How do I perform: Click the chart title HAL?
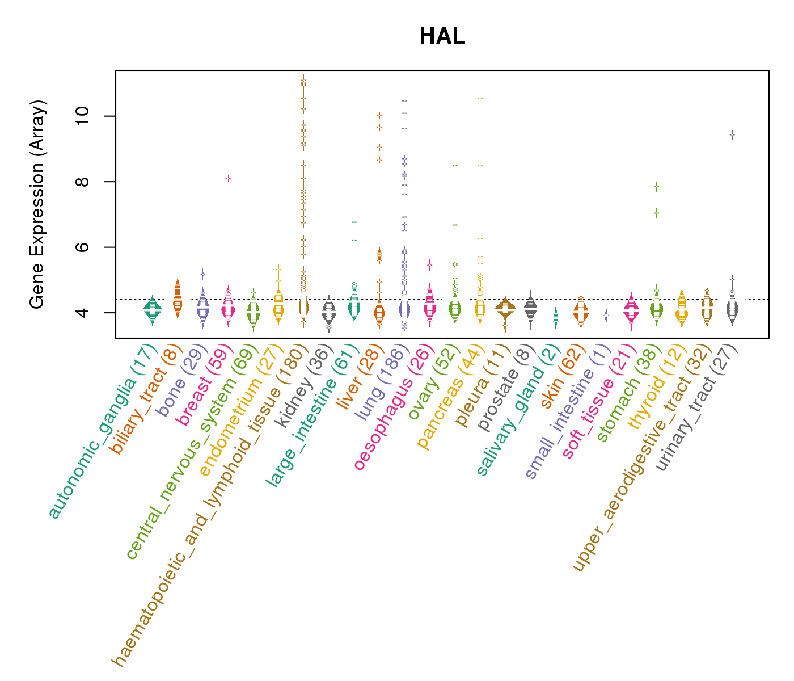[x=442, y=37]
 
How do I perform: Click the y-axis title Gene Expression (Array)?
[x=37, y=204]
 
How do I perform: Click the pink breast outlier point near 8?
[x=228, y=179]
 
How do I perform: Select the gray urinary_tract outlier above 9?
[x=732, y=134]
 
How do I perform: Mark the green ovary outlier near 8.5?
[x=455, y=165]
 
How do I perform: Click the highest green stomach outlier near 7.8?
[x=656, y=186]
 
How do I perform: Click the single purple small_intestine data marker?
[x=606, y=315]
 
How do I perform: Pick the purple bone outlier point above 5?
[x=202, y=274]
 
